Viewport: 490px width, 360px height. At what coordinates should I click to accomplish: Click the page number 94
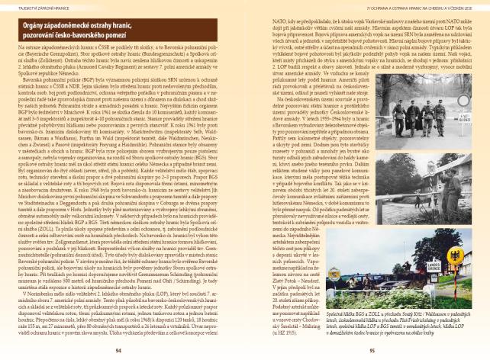tap(118, 351)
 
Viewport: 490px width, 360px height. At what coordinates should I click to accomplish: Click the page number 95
tap(371, 351)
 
